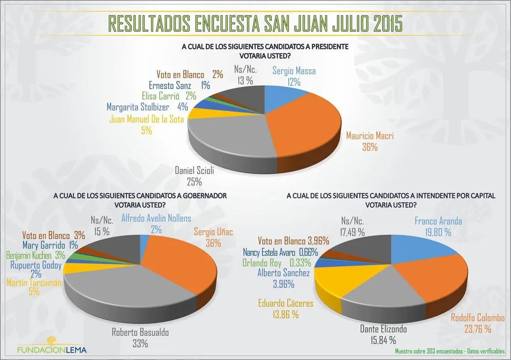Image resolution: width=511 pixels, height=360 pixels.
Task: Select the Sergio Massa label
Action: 294,71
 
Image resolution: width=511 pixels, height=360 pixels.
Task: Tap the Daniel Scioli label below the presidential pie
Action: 194,171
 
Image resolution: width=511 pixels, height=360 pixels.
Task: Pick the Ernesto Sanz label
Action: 174,85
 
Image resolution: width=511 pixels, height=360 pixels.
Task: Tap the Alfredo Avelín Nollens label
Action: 156,219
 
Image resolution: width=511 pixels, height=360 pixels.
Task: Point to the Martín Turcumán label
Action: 34,283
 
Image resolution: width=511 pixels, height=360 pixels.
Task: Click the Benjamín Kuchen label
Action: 30,255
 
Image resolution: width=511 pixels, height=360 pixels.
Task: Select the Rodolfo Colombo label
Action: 478,318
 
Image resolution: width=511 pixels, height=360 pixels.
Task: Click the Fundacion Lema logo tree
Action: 51,341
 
